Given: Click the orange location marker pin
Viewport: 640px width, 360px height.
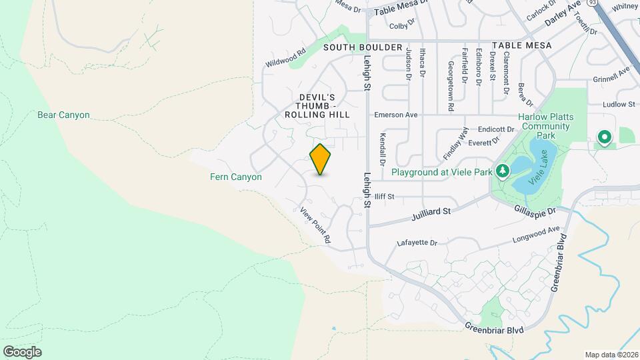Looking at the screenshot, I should tap(321, 159).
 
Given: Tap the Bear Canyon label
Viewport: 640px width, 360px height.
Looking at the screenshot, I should tap(63, 115).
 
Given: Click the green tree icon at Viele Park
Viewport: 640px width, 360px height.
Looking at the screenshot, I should tap(502, 172).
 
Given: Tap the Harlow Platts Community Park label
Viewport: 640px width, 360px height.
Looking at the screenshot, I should tap(546, 126).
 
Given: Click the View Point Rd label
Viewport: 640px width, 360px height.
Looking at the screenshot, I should tap(315, 225).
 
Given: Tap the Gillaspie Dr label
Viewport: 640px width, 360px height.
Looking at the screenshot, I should tap(535, 210).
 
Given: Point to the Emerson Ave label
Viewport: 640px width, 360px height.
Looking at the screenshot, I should tap(396, 115).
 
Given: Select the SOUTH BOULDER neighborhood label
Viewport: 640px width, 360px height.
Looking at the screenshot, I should tap(363, 47).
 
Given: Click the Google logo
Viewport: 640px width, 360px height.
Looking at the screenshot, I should tap(22, 351).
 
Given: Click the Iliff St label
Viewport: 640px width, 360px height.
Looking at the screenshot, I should tap(384, 197).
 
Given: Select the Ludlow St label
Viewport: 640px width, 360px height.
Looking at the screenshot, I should tap(619, 104).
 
